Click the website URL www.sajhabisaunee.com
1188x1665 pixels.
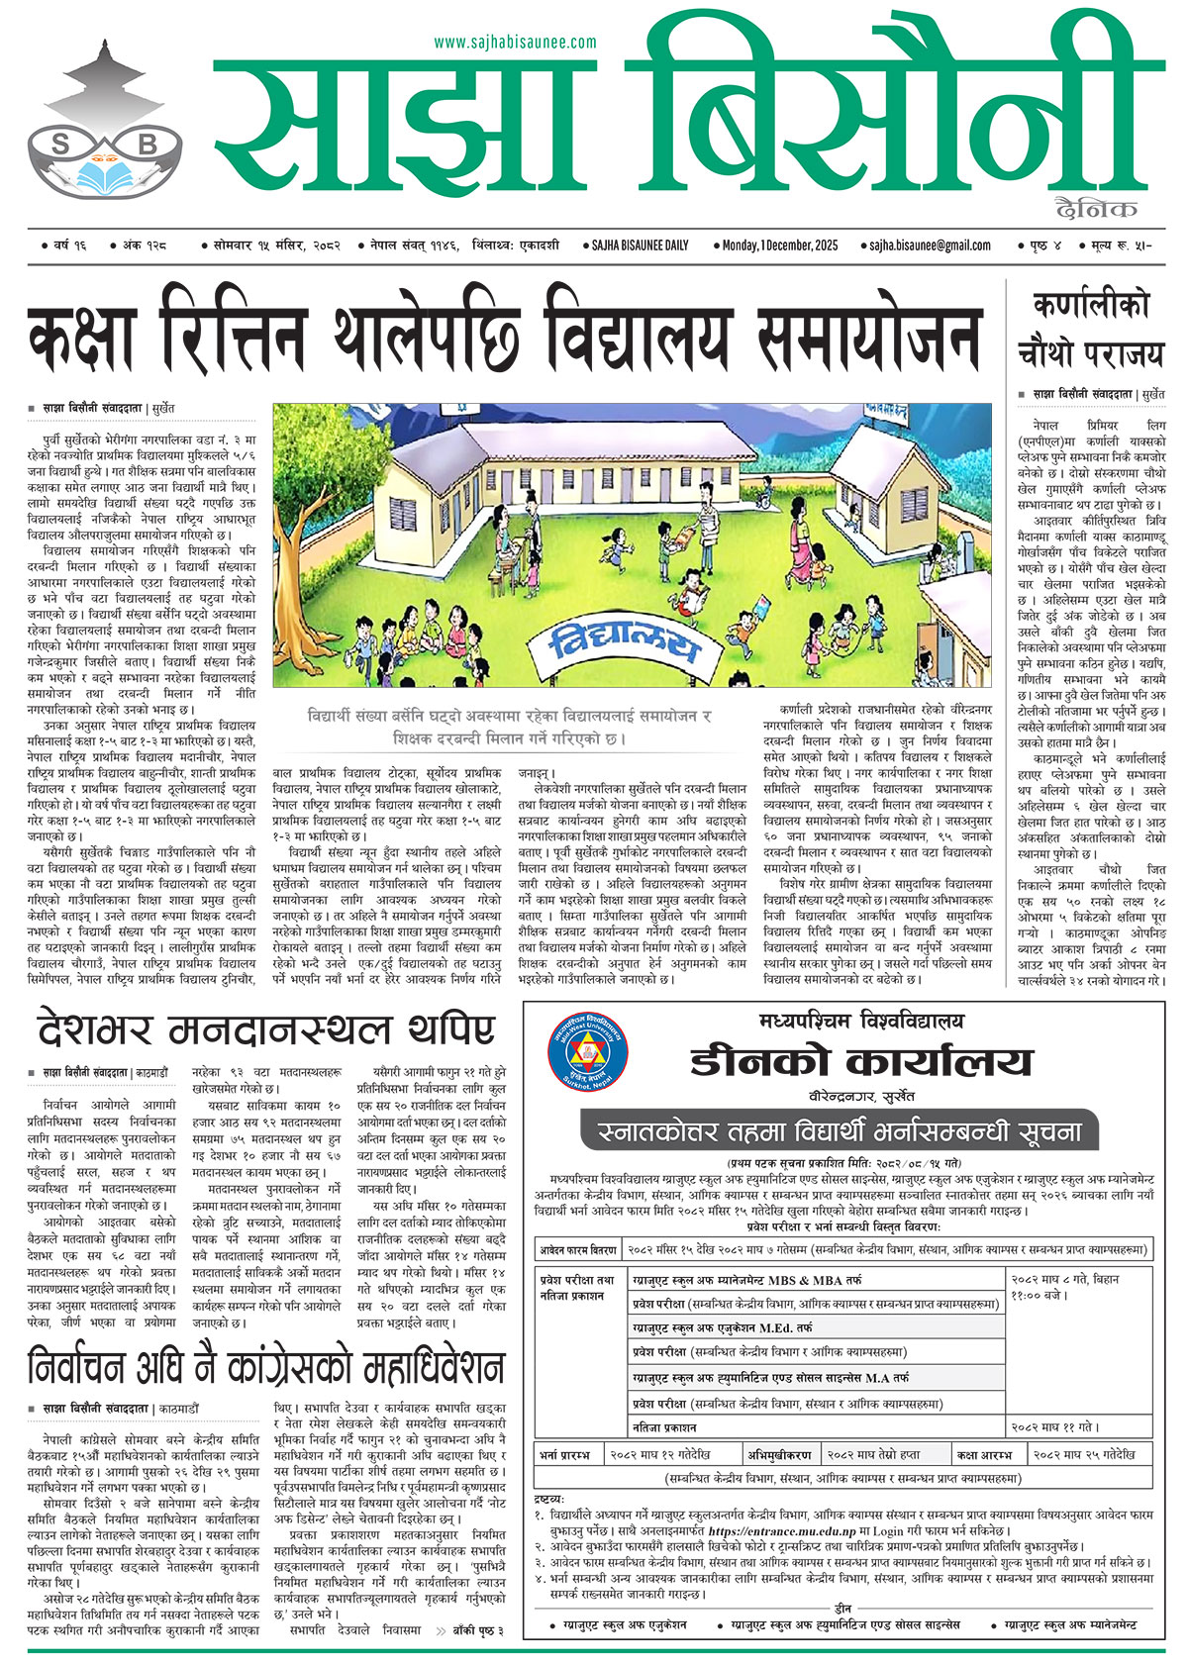(515, 43)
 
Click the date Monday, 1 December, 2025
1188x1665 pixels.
(780, 245)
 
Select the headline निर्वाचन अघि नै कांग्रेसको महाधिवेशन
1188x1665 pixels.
(265, 1369)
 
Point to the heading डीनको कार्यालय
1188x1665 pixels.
(861, 1062)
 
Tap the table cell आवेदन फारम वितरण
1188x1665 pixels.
(578, 1249)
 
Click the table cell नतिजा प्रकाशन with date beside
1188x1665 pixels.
(664, 1427)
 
